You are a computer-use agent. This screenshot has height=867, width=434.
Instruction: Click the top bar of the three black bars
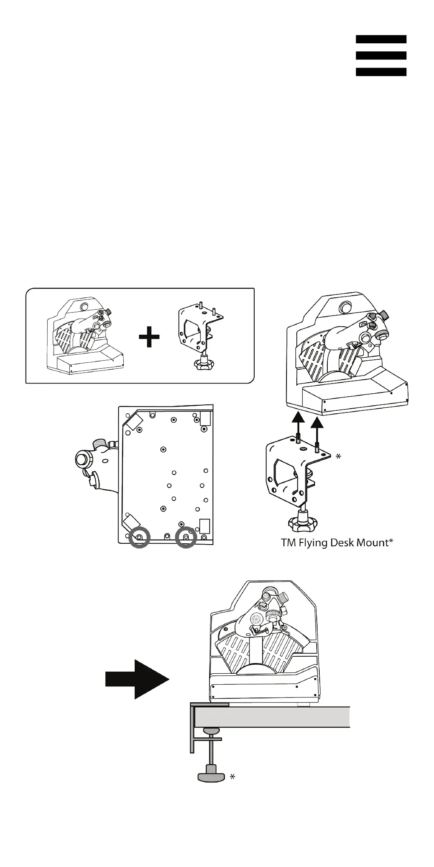click(381, 39)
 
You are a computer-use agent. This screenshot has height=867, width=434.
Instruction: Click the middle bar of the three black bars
click(381, 56)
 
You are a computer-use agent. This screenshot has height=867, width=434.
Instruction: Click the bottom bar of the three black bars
click(381, 72)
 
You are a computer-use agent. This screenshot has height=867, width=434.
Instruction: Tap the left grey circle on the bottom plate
click(140, 537)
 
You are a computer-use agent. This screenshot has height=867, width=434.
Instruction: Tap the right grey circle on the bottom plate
click(186, 537)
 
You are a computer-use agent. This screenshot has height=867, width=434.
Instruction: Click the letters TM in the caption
click(288, 542)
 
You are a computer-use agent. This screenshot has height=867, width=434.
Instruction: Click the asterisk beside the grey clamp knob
click(233, 777)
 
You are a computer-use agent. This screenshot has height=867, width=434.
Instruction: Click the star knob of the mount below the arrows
click(303, 525)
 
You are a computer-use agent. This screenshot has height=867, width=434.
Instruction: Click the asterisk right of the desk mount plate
click(338, 457)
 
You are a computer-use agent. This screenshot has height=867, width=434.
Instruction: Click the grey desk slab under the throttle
click(272, 717)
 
